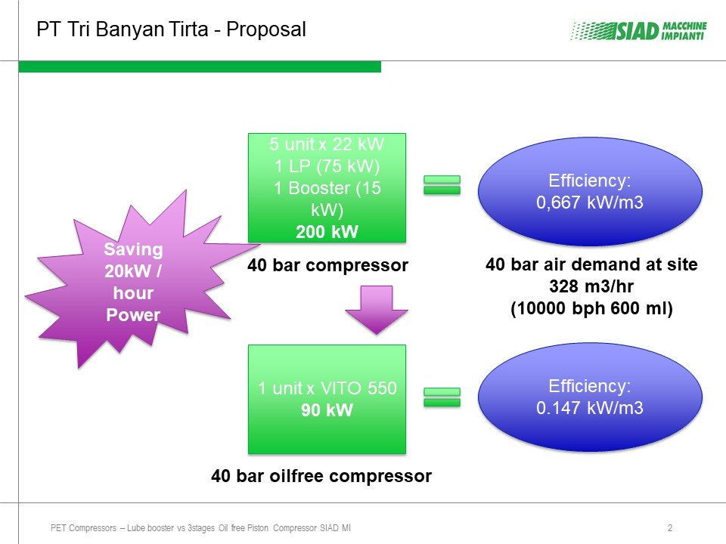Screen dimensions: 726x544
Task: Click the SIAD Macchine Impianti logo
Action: (x=638, y=31)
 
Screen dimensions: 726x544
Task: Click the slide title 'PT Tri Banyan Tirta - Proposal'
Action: (x=172, y=29)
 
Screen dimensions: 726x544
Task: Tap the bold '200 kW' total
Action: (x=327, y=232)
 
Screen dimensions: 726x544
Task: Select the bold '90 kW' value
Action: (x=327, y=410)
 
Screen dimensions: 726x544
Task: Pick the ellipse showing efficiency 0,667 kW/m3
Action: (x=590, y=191)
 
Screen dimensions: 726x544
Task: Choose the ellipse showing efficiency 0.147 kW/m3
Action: (x=590, y=397)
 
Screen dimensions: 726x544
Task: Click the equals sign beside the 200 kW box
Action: (x=442, y=185)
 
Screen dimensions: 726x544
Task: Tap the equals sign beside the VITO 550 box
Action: (x=442, y=397)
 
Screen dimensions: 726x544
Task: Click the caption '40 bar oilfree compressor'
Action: (x=321, y=475)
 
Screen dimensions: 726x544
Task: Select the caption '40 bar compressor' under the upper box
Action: (x=327, y=265)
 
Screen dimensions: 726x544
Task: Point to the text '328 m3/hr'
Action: (x=591, y=286)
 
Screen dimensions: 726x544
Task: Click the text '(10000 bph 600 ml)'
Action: (x=591, y=308)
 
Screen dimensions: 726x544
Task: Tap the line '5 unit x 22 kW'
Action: (x=327, y=144)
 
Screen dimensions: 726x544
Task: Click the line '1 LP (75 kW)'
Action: (x=327, y=165)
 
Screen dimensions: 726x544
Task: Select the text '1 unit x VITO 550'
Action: (x=327, y=388)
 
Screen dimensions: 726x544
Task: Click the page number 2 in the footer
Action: (x=670, y=528)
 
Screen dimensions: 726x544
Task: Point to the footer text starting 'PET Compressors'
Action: (x=200, y=528)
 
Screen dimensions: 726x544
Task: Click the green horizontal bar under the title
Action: (x=200, y=66)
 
